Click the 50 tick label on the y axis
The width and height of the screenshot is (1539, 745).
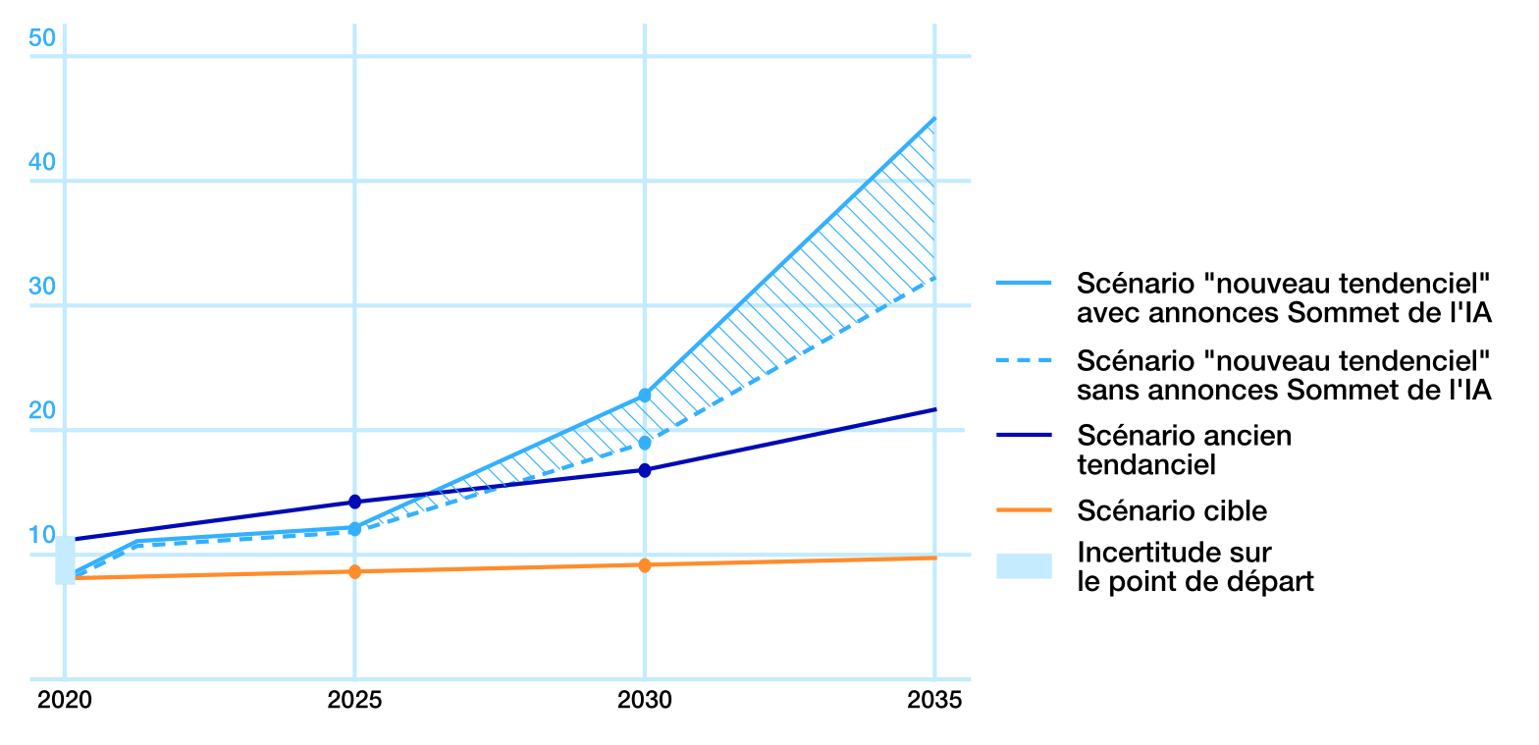coord(41,38)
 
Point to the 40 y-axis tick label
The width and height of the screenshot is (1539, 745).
coord(41,162)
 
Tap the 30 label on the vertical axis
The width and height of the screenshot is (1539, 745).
coord(41,287)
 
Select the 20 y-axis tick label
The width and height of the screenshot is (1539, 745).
coord(41,410)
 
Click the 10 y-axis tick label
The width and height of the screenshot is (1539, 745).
coord(41,535)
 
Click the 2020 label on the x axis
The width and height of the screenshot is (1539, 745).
coord(65,700)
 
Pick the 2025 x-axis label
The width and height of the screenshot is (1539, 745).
coord(354,700)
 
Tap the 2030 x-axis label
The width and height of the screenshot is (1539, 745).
coord(645,700)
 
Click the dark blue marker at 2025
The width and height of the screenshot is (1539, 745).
coord(354,502)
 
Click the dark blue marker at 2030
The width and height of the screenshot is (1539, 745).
coord(645,470)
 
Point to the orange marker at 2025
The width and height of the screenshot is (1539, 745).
coord(354,571)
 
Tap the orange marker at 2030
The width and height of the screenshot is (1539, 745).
coord(645,565)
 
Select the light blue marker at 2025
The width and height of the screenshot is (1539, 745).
coord(354,529)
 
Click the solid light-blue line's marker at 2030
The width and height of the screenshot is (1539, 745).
coord(645,395)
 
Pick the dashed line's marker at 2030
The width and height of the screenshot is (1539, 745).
coord(645,443)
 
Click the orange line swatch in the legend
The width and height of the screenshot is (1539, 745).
coord(1024,510)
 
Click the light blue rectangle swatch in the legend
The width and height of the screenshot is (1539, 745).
coord(1024,566)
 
